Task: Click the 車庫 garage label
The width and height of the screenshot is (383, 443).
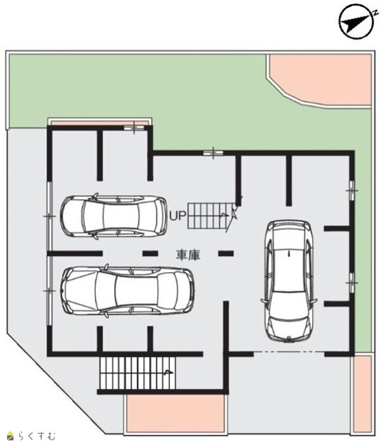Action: point(188,254)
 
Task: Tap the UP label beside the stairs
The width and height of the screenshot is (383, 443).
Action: point(178,215)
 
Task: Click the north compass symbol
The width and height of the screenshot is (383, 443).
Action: point(357,21)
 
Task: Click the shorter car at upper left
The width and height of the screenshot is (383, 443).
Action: point(113,216)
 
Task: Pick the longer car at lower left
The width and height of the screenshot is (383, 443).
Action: point(127,290)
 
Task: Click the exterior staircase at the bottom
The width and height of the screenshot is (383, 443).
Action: point(137,372)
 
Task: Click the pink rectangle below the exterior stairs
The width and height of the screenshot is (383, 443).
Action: point(176,413)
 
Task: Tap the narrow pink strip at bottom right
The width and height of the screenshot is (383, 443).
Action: point(362,394)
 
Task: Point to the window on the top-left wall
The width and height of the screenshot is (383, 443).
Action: point(134,128)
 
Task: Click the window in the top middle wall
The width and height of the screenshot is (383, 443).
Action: point(213,153)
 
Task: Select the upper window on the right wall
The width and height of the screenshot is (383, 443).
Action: point(352,191)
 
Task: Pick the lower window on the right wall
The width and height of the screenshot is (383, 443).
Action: point(352,283)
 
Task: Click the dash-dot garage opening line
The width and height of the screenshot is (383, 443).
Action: point(289,352)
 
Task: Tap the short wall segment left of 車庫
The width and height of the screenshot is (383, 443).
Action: point(150,254)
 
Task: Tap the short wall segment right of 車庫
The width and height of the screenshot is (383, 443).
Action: point(226,254)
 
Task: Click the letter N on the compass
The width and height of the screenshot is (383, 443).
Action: point(376,13)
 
